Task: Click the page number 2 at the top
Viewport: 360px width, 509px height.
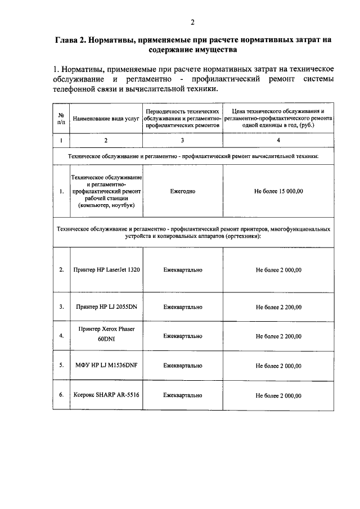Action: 192,22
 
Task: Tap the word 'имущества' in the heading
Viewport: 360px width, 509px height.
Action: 210,49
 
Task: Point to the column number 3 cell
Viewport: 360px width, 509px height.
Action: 182,139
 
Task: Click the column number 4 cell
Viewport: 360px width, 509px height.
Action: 278,139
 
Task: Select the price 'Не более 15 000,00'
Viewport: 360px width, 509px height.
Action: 278,191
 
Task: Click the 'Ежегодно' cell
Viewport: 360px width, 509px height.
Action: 182,191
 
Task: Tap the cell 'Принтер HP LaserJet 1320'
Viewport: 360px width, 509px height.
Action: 106,270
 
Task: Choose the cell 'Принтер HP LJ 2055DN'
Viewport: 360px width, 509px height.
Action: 106,307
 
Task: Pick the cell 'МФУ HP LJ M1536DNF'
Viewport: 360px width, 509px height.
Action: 106,365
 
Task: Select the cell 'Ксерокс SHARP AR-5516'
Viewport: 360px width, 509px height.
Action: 106,395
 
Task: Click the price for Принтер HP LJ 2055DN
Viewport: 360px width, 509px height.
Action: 278,308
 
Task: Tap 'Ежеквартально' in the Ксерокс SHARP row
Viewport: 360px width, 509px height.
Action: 182,395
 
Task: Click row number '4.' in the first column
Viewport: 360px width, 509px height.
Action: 61,336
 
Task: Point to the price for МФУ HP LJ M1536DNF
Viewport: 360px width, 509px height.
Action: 278,366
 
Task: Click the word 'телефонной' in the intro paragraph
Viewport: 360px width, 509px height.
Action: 76,89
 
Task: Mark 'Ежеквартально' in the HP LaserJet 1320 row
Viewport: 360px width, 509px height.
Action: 182,270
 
